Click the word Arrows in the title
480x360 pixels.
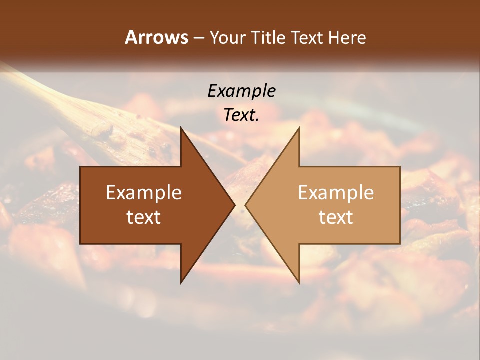156,37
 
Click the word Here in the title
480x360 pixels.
347,38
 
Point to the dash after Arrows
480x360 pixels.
198,38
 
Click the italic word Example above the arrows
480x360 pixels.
242,91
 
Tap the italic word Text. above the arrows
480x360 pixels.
242,115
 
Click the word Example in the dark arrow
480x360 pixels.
144,193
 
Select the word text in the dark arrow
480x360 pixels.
144,217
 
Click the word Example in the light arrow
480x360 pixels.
336,193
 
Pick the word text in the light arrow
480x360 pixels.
336,217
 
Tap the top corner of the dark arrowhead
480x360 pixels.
181,128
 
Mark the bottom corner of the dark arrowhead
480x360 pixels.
181,282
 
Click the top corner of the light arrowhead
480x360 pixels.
299,128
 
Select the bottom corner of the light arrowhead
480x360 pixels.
299,282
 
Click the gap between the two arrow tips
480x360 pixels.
240,205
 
